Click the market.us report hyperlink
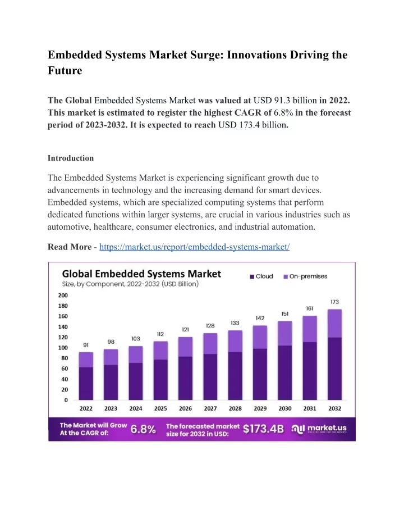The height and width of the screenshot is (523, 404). (x=195, y=247)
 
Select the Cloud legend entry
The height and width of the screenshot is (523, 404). (x=261, y=276)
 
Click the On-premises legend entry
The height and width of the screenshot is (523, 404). (x=305, y=276)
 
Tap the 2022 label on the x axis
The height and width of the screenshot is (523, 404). (x=86, y=408)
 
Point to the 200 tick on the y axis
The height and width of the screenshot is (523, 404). (x=63, y=295)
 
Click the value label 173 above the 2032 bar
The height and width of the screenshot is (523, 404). (x=335, y=302)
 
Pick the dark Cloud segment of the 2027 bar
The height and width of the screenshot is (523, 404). (x=210, y=377)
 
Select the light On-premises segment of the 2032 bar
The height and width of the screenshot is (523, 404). (x=335, y=324)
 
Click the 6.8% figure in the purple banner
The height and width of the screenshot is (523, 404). (x=143, y=429)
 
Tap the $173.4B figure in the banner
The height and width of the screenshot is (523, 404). (x=264, y=429)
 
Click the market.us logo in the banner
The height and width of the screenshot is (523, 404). (x=319, y=429)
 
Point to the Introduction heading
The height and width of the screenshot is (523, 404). (x=71, y=158)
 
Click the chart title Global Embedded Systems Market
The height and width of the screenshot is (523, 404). (x=141, y=274)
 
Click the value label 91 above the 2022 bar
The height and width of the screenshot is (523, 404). (x=86, y=345)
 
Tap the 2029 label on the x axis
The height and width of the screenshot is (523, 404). (x=260, y=408)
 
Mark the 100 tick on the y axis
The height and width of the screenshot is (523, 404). (x=63, y=348)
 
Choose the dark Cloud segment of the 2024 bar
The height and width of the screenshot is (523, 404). (x=136, y=381)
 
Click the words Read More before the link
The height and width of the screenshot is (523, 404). (x=70, y=247)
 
